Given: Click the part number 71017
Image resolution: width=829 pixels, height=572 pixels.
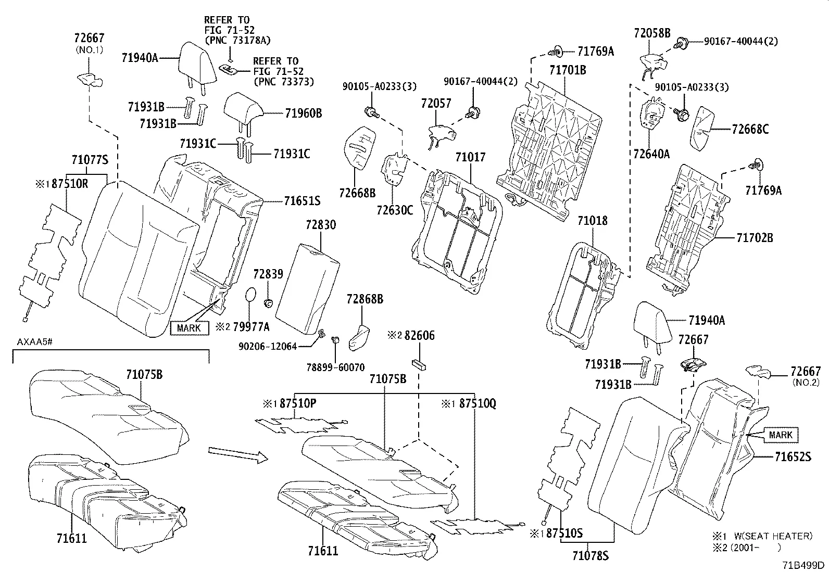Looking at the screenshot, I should (x=470, y=157).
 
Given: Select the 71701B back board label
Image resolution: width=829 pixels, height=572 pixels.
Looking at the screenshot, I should (x=568, y=70).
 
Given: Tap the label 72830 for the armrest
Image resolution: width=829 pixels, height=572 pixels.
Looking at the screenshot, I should (x=321, y=225).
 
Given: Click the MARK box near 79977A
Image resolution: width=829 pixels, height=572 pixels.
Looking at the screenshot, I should (x=189, y=328).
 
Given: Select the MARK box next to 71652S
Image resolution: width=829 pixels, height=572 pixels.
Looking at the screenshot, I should (x=780, y=435).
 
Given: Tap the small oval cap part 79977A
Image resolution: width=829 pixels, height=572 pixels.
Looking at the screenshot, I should (x=250, y=294).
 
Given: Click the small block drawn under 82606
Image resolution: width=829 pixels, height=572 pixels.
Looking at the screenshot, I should (x=418, y=363).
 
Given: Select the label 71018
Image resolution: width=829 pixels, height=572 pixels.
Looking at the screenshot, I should (x=592, y=221).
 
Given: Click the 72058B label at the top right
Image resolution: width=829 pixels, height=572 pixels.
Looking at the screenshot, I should (x=652, y=33).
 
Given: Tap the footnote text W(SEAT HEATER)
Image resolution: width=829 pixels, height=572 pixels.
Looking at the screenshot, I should (x=773, y=536).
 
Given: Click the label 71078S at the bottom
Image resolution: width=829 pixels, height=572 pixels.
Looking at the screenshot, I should (x=591, y=555).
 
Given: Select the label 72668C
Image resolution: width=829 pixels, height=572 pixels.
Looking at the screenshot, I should (x=750, y=130).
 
